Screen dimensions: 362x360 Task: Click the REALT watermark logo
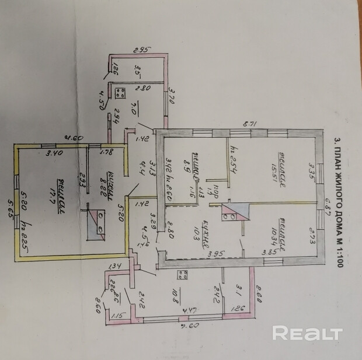coord(307,333)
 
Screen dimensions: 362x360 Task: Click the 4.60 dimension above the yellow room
coord(73,138)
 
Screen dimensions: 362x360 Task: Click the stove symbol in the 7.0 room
coord(121,93)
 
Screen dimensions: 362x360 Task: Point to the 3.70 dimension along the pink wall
coord(172,94)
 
